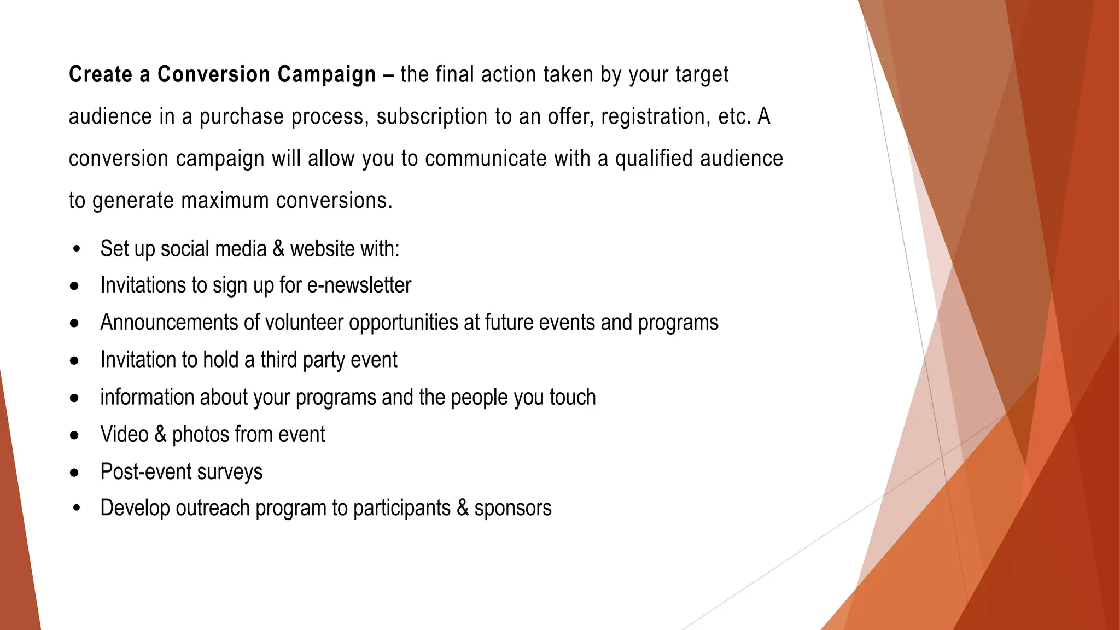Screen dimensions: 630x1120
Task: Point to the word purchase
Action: click(x=242, y=117)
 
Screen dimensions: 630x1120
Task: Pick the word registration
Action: click(x=656, y=117)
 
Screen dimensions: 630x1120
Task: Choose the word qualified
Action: click(x=654, y=159)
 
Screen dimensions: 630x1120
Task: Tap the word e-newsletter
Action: click(x=359, y=285)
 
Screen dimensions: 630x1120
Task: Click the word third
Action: click(x=278, y=360)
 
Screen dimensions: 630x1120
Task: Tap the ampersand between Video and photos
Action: click(x=160, y=434)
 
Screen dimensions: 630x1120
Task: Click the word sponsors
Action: click(x=513, y=509)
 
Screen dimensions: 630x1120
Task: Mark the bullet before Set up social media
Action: click(x=76, y=249)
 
